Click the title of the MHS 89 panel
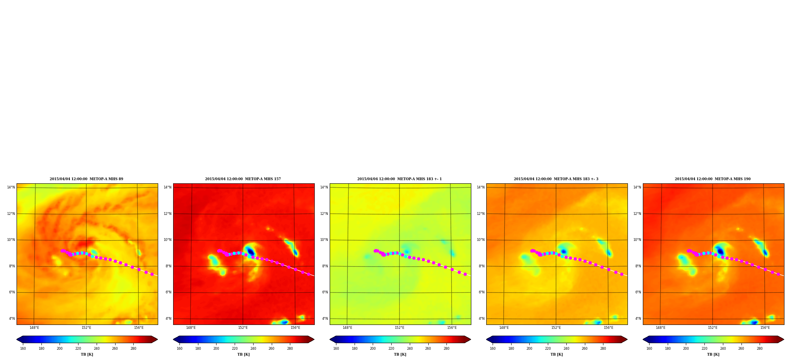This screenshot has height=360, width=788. (86, 179)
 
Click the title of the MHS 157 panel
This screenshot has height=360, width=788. (243, 179)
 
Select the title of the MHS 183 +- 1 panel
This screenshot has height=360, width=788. (400, 179)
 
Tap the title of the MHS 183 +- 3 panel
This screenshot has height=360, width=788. (556, 179)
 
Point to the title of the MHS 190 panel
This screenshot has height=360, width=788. (713, 179)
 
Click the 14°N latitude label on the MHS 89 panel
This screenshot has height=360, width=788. (11, 187)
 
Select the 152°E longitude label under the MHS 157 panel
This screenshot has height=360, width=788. (243, 328)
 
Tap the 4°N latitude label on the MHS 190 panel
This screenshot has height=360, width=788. (638, 319)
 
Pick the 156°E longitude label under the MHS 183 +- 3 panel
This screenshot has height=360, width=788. (609, 328)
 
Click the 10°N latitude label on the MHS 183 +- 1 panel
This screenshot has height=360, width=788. (324, 240)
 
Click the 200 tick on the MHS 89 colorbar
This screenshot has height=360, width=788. (60, 349)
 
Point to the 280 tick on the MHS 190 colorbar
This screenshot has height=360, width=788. (760, 349)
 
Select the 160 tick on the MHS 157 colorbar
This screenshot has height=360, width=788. (179, 349)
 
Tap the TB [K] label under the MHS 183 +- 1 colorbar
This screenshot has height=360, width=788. (400, 354)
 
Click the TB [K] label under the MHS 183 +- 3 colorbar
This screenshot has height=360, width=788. (556, 354)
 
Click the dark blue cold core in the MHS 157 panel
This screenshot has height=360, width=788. (250, 252)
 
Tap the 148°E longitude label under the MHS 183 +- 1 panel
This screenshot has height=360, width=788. (347, 328)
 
